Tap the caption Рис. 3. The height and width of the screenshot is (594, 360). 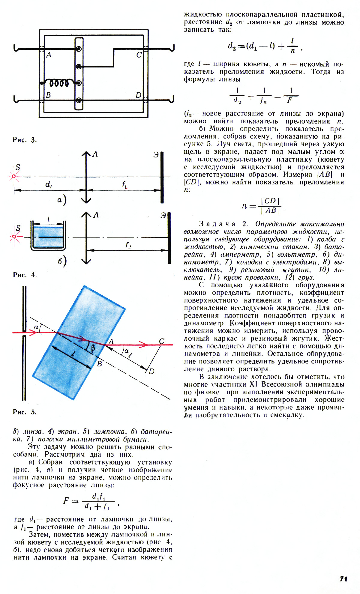(x=25, y=140)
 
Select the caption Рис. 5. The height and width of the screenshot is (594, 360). (x=25, y=412)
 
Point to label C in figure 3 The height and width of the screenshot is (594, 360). (x=139, y=55)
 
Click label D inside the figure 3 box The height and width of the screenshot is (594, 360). (x=138, y=95)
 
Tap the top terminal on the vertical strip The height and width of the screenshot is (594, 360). (x=79, y=49)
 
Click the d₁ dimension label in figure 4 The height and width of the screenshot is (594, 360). (x=48, y=184)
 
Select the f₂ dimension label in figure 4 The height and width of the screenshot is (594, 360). (x=128, y=245)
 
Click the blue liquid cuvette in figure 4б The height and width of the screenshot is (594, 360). (x=48, y=237)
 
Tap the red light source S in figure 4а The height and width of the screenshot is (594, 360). (x=14, y=176)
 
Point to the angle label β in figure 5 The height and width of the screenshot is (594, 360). (x=93, y=348)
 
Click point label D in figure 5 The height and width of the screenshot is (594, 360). (x=151, y=371)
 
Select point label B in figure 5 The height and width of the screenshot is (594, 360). (x=100, y=364)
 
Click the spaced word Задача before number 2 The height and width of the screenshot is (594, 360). (x=217, y=224)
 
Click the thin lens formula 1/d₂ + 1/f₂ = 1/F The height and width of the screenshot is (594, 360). (x=264, y=96)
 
